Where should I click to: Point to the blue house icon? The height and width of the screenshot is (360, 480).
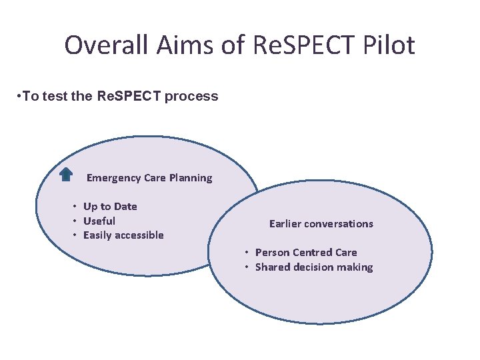[66, 175]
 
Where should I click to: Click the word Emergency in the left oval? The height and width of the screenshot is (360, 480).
[113, 178]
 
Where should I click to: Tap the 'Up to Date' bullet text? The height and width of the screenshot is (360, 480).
[110, 207]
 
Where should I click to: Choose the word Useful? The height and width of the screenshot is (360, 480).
[99, 221]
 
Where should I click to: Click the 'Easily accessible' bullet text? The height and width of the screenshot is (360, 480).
[123, 235]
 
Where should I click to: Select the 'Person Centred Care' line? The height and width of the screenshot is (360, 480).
[306, 253]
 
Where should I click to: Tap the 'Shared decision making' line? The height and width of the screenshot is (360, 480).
[314, 267]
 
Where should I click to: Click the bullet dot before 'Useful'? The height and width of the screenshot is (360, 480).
[76, 221]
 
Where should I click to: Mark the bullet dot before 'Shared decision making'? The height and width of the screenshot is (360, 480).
[247, 267]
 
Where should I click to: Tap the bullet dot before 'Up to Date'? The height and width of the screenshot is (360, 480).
[76, 207]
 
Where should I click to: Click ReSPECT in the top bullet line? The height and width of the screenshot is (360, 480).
[129, 96]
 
